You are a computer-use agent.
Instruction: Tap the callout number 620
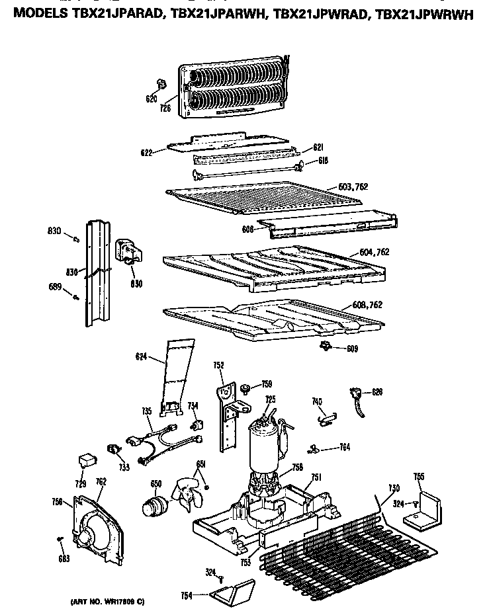pos(152,99)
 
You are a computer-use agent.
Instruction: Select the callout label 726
pos(165,108)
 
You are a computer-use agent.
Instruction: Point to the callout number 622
pos(147,153)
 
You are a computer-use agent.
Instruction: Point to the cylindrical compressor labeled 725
pos(265,450)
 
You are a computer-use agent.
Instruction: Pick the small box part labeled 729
pos(85,458)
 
